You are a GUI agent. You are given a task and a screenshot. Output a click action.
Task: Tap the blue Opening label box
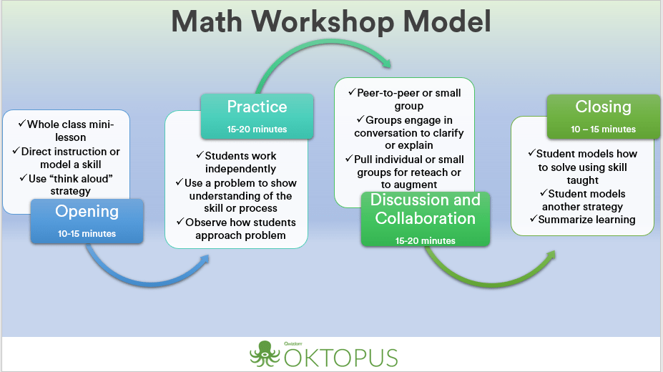point(87,220)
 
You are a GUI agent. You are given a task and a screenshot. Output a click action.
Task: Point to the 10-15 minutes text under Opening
point(87,234)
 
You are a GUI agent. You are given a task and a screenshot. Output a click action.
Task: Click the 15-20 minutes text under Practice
point(257,129)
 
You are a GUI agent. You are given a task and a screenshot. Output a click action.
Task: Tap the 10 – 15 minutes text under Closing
point(603,129)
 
